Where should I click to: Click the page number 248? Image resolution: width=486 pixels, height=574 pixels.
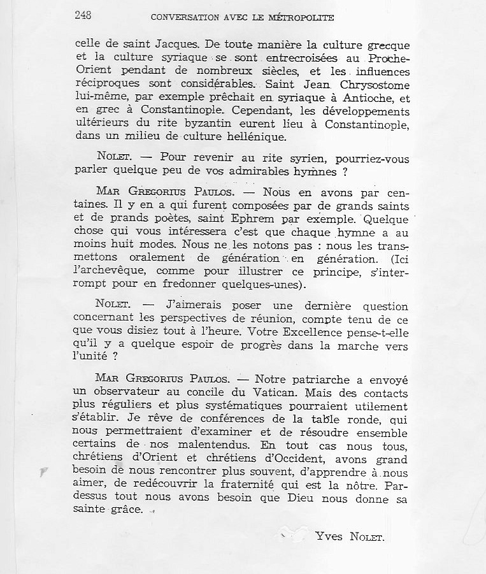point(83,17)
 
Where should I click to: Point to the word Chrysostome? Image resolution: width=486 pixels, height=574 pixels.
point(371,85)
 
